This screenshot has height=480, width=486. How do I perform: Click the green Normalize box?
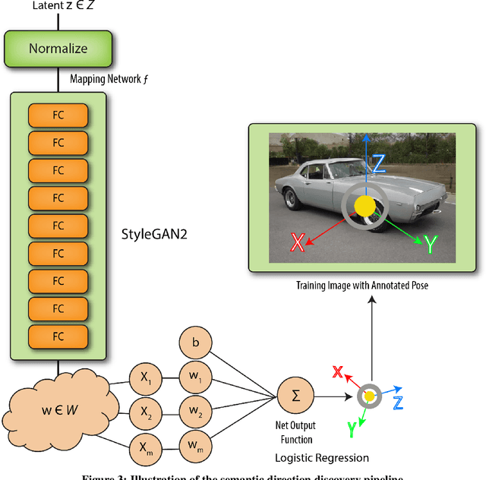tap(58, 49)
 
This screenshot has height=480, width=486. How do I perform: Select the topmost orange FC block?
tap(58, 115)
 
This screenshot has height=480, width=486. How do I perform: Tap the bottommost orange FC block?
tap(58, 335)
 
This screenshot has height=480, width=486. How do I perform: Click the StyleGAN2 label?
tap(153, 234)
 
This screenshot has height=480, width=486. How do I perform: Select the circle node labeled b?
tap(196, 343)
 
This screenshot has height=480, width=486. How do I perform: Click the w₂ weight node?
tap(196, 412)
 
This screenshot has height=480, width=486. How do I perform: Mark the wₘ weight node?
tap(196, 447)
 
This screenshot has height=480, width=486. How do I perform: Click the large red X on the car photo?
tap(298, 242)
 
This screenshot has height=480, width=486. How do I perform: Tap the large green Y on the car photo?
tap(430, 245)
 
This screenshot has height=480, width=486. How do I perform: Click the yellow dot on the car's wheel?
tap(365, 205)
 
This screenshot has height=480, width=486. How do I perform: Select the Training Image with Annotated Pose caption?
tap(363, 286)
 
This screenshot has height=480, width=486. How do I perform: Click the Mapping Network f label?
tap(105, 78)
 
